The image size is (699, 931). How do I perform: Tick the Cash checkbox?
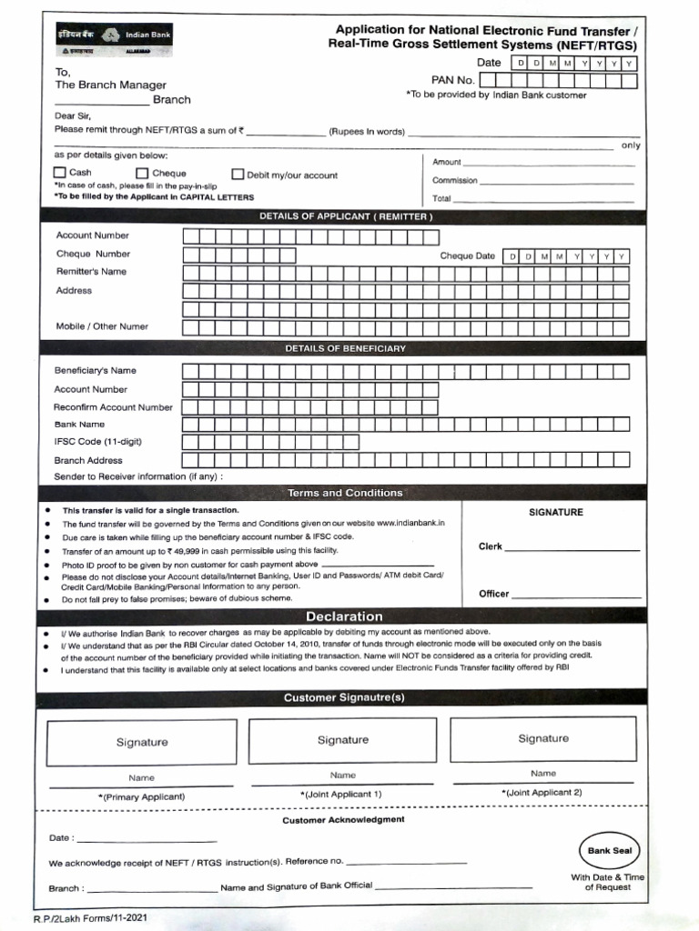click(x=60, y=173)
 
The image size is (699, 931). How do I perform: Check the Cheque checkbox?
click(x=142, y=174)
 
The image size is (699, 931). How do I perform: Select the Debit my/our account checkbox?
click(x=238, y=175)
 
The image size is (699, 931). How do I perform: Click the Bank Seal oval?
click(x=609, y=851)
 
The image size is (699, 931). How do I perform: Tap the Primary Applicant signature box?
click(x=141, y=742)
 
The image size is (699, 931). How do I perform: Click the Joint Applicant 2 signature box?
click(x=543, y=739)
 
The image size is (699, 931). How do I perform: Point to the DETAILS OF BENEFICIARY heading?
click(x=345, y=348)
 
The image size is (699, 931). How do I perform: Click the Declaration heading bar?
click(x=343, y=616)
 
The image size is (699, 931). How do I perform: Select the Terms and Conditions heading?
click(x=344, y=493)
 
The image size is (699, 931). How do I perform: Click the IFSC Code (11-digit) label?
click(x=97, y=442)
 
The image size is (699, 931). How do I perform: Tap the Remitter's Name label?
click(x=91, y=272)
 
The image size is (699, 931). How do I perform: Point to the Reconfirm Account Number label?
click(x=113, y=407)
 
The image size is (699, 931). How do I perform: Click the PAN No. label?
click(x=453, y=80)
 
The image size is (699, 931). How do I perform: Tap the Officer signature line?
click(x=575, y=596)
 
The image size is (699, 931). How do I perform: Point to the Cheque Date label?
click(x=467, y=256)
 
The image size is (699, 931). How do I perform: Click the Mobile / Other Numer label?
click(x=102, y=326)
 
